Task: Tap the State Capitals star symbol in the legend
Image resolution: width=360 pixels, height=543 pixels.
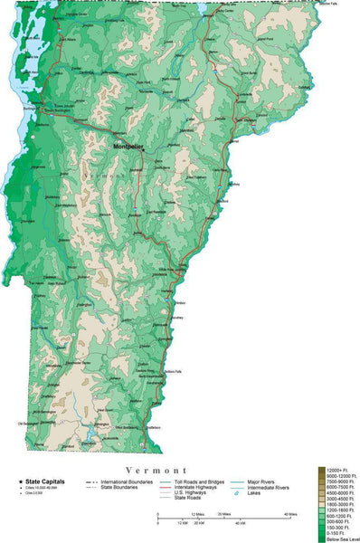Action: (20, 481)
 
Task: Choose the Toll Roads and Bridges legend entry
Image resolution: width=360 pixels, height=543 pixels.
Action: (195, 481)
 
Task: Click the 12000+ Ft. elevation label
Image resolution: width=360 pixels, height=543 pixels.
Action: (338, 470)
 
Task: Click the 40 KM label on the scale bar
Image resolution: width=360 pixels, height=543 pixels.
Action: (240, 523)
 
